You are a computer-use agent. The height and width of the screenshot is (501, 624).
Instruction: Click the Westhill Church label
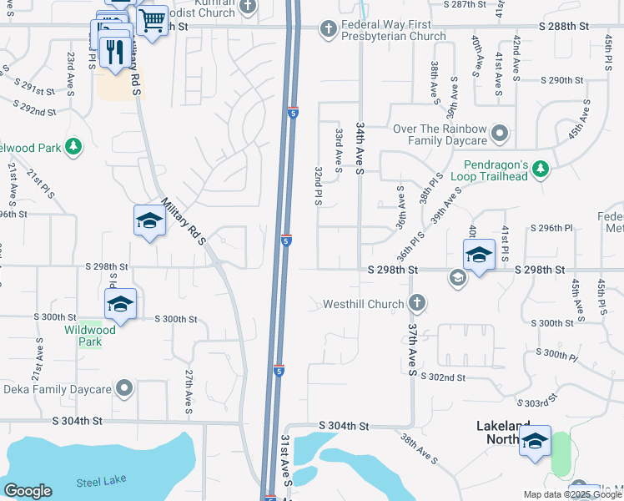click(363, 304)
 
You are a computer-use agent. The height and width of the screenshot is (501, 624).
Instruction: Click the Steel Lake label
click(100, 482)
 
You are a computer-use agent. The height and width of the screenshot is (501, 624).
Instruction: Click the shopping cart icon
click(151, 20)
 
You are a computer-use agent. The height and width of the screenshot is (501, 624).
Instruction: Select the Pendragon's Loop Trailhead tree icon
click(541, 170)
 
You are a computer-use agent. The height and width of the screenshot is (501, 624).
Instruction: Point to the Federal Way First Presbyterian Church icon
click(329, 30)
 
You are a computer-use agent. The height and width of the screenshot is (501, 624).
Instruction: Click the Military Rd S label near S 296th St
click(184, 221)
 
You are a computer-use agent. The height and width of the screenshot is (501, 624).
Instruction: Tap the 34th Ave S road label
click(360, 147)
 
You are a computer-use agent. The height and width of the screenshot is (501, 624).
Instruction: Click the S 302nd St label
click(465, 377)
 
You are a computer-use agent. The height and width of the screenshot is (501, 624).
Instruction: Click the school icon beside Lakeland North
click(535, 443)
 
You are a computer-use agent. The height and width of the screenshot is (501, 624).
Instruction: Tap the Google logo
click(28, 491)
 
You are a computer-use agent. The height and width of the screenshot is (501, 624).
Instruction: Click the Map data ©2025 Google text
click(571, 494)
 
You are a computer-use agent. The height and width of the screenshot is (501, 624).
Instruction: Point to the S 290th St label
click(561, 80)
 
